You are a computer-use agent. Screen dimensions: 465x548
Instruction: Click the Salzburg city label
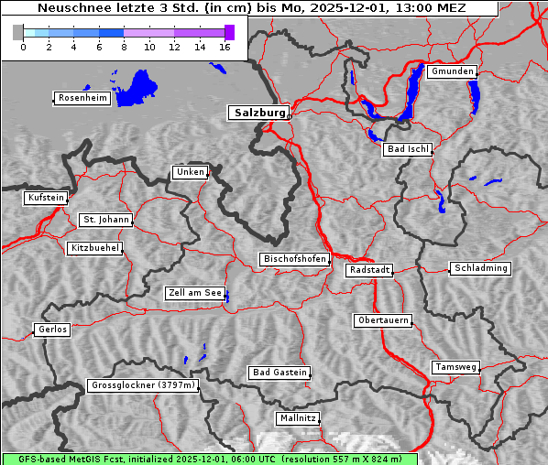pyautogui.click(x=258, y=113)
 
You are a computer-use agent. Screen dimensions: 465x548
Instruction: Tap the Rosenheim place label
pyautogui.click(x=82, y=98)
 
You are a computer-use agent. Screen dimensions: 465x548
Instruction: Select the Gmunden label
pyautogui.click(x=452, y=71)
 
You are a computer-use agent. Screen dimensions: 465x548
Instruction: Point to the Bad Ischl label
pyautogui.click(x=407, y=149)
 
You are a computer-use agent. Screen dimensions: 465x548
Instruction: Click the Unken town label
pyautogui.click(x=190, y=172)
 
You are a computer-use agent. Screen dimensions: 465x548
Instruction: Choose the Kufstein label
pyautogui.click(x=46, y=198)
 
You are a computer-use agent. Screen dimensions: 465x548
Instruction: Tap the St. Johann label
pyautogui.click(x=105, y=220)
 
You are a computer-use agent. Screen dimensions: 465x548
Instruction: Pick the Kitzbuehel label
pyautogui.click(x=94, y=248)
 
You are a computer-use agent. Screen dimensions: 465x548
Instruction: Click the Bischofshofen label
pyautogui.click(x=294, y=260)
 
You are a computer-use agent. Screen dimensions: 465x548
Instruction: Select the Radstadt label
pyautogui.click(x=369, y=270)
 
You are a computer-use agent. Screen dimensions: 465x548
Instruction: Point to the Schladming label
pyautogui.click(x=479, y=268)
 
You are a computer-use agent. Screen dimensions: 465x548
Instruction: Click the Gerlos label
pyautogui.click(x=52, y=330)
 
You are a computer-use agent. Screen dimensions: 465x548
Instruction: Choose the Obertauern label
pyautogui.click(x=383, y=320)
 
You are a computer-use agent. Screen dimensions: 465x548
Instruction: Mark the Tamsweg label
pyautogui.click(x=455, y=367)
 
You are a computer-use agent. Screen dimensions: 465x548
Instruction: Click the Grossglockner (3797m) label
pyautogui.click(x=144, y=385)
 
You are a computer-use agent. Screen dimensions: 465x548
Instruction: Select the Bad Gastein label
pyautogui.click(x=279, y=373)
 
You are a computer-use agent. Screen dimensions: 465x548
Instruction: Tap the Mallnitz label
pyautogui.click(x=298, y=418)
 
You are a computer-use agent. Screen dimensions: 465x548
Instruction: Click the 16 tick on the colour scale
pyautogui.click(x=225, y=47)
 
